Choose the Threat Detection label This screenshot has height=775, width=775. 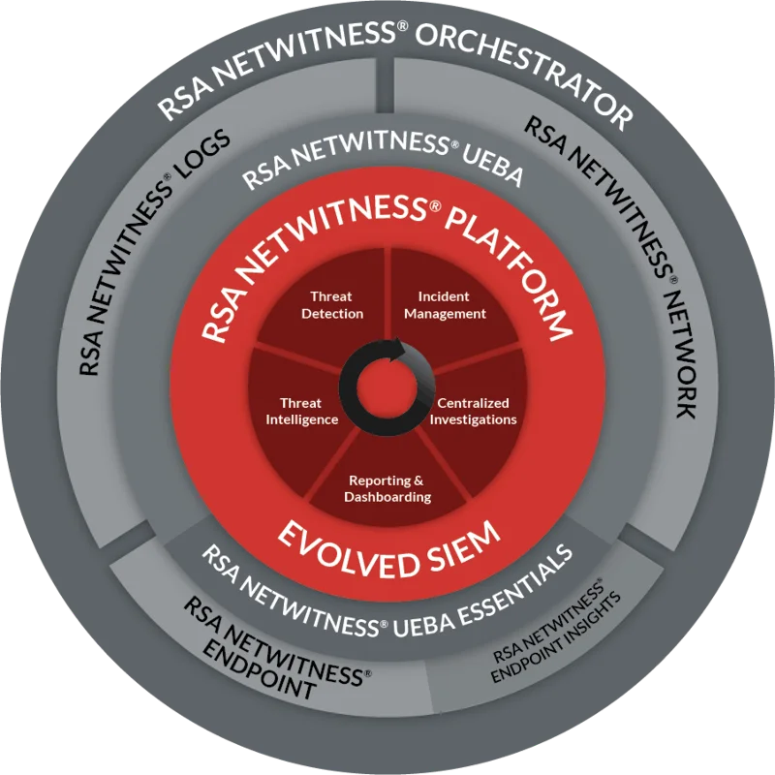click(x=331, y=305)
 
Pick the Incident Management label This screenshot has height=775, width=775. click(x=445, y=305)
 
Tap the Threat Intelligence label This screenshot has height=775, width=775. click(x=302, y=411)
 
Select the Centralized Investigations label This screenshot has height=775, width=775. click(x=473, y=411)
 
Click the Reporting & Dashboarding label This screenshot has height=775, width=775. click(x=387, y=488)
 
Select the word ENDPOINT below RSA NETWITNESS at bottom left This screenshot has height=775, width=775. click(x=260, y=673)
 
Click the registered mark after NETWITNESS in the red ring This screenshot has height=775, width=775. click(x=434, y=206)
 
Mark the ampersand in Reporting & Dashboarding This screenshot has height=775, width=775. click(x=418, y=480)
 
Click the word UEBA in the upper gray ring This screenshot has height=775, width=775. click(x=492, y=166)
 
